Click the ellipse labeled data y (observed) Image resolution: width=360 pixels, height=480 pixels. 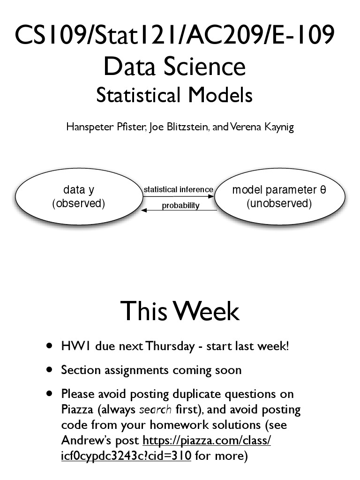pyautogui.click(x=78, y=197)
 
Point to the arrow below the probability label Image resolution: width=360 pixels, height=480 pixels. pyautogui.click(x=179, y=211)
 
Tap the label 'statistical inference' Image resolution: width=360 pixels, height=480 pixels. pyautogui.click(x=178, y=190)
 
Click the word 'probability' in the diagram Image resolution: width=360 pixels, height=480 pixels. pyautogui.click(x=180, y=205)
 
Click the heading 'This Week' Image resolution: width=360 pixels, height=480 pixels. pyautogui.click(x=180, y=311)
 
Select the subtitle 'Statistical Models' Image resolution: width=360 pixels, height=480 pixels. pyautogui.click(x=174, y=95)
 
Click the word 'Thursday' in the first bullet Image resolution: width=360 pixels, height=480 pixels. pyautogui.click(x=170, y=346)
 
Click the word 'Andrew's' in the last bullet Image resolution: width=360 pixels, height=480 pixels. pyautogui.click(x=82, y=441)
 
